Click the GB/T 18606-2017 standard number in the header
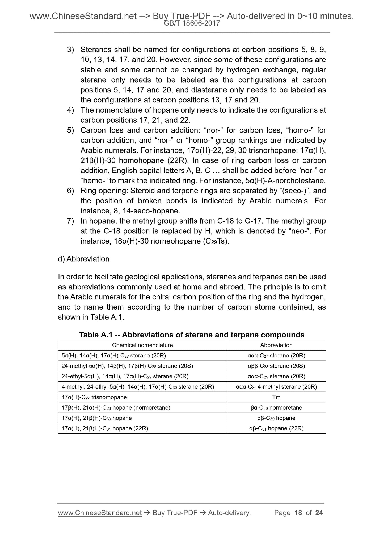192,23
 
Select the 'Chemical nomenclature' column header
142,345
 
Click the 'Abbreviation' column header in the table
276,345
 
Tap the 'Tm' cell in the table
276,397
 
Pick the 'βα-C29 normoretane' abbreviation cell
276,407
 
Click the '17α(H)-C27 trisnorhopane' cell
94,397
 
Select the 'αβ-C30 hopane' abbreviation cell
276,418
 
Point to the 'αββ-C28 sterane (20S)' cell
276,366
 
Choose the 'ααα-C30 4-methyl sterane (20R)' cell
276,387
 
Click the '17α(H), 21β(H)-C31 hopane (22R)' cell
105,428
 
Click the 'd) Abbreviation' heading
84,259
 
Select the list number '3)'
70,50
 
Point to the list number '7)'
70,221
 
